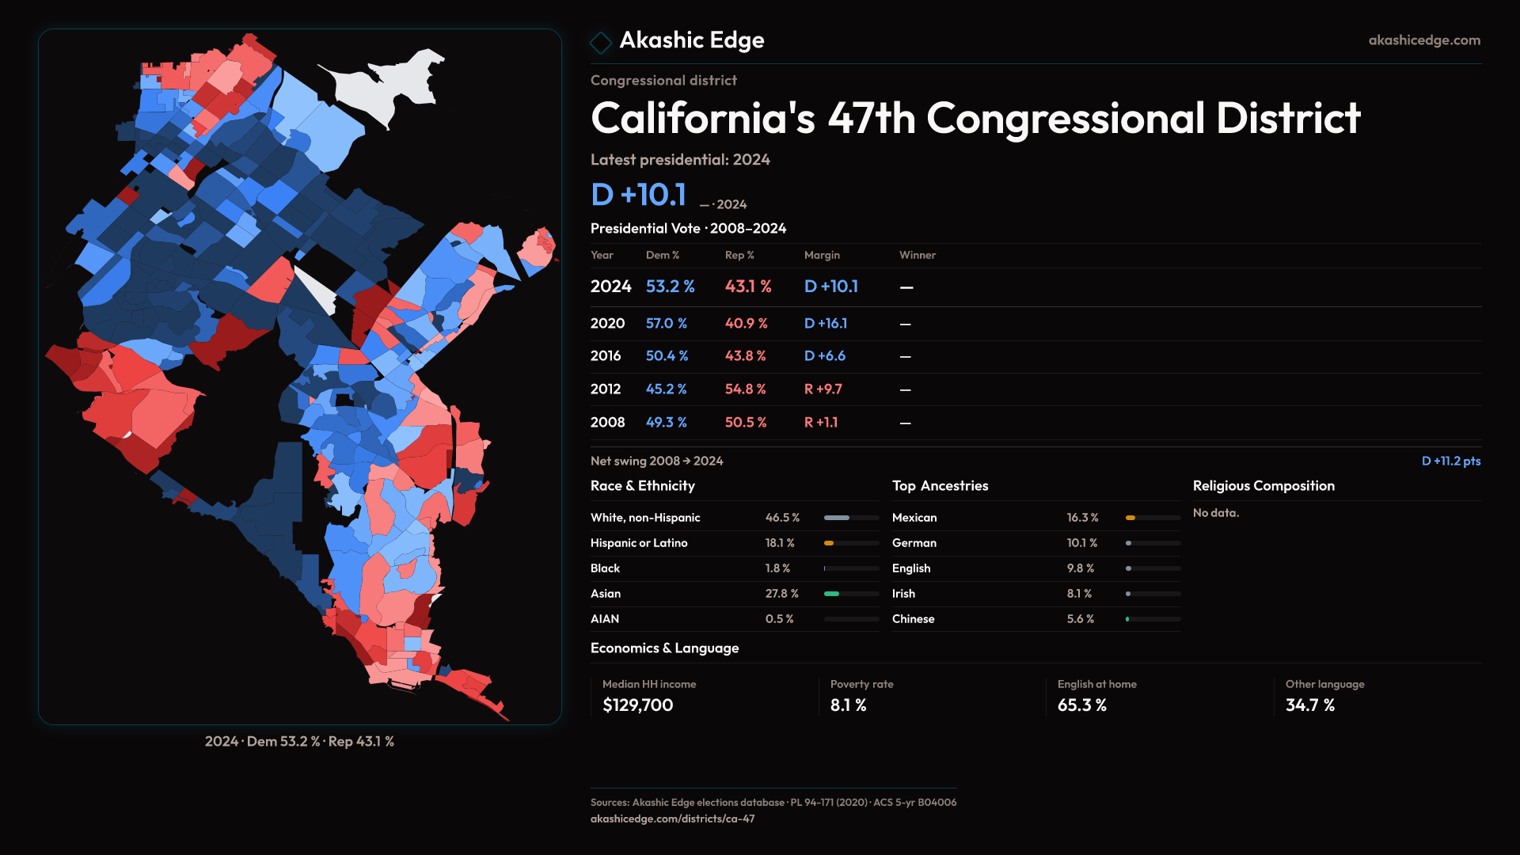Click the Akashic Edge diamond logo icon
[601, 42]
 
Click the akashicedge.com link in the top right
[1423, 40]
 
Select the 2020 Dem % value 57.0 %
[666, 324]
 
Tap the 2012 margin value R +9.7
[823, 389]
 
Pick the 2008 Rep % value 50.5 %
[745, 423]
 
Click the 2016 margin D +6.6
[824, 356]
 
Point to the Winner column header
[917, 255]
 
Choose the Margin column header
[821, 255]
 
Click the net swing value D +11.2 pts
[1450, 461]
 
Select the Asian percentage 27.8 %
[781, 594]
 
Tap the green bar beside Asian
[831, 594]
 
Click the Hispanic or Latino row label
[638, 543]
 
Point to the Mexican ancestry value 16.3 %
[1082, 518]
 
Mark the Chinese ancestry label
[913, 619]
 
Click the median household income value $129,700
[637, 705]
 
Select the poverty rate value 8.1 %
[848, 705]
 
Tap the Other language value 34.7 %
[1309, 705]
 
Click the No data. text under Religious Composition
[1215, 513]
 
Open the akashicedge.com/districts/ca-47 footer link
[672, 819]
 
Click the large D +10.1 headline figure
[638, 195]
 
